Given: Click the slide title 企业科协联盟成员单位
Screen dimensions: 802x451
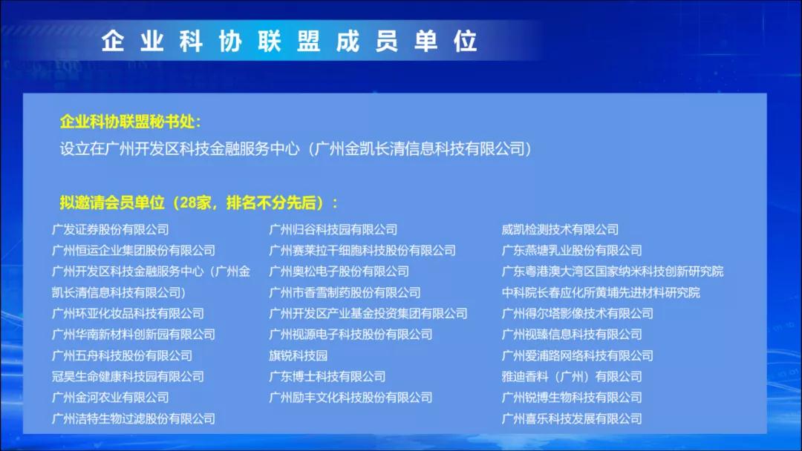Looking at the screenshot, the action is pyautogui.click(x=289, y=41).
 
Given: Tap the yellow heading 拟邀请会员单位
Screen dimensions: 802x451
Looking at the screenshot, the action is pyautogui.click(x=112, y=203).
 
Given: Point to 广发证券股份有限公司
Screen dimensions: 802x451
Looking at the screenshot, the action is pyautogui.click(x=110, y=229).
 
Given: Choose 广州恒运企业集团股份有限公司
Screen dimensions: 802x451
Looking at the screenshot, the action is pyautogui.click(x=134, y=250).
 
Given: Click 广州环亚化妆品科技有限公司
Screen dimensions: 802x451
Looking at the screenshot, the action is pyautogui.click(x=128, y=313).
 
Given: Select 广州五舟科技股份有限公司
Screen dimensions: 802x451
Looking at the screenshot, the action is pyautogui.click(x=122, y=355).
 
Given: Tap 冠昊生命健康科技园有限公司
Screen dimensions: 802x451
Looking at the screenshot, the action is pyautogui.click(x=128, y=376).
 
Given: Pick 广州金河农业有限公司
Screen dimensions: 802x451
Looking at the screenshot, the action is pyautogui.click(x=110, y=398).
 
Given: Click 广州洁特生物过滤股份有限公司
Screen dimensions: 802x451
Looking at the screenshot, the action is pyautogui.click(x=134, y=419).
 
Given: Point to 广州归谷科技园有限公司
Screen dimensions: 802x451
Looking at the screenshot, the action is pyautogui.click(x=333, y=229).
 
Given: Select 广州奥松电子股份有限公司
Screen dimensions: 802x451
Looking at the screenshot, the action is pyautogui.click(x=339, y=271).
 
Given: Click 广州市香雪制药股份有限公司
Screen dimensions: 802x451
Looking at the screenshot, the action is pyautogui.click(x=345, y=293).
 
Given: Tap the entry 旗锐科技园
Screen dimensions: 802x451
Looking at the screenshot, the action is pyautogui.click(x=299, y=355).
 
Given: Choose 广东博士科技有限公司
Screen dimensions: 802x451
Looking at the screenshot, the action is pyautogui.click(x=327, y=376).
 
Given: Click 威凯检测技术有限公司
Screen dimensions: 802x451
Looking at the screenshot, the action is pyautogui.click(x=560, y=229).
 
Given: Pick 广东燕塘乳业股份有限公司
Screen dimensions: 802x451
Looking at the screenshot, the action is pyautogui.click(x=572, y=250).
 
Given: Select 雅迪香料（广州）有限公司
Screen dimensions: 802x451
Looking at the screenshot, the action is pyautogui.click(x=572, y=376).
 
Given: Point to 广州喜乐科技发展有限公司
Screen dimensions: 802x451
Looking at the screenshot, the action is pyautogui.click(x=572, y=419).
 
